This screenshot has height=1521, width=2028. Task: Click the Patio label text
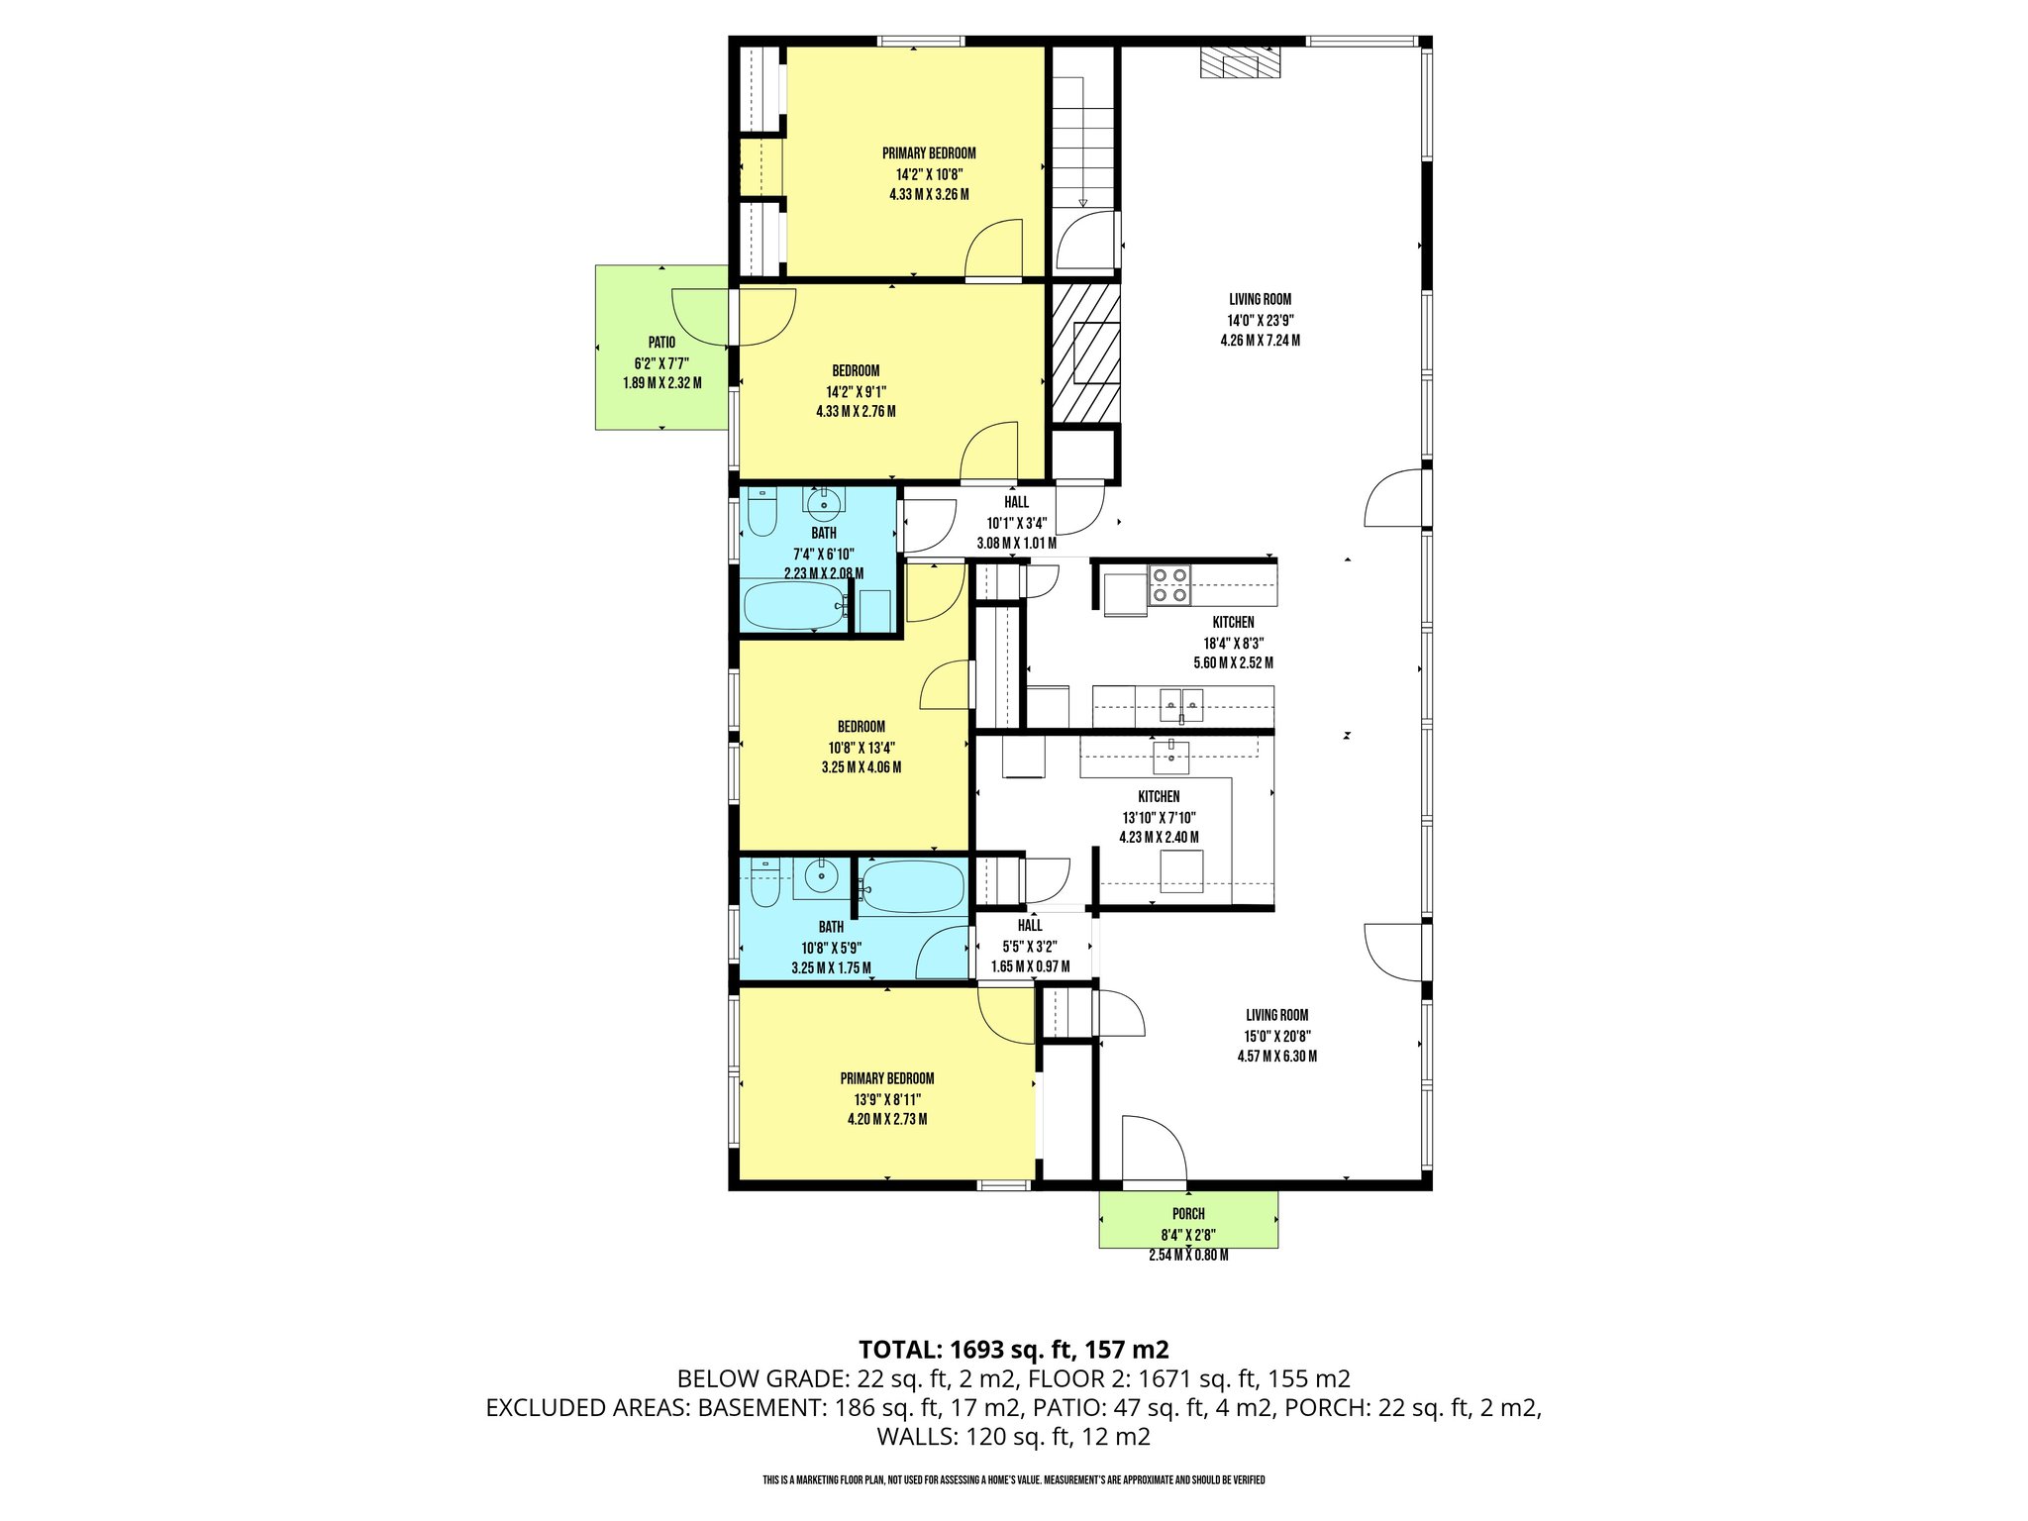tap(661, 343)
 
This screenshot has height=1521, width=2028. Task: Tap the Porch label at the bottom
tap(1188, 1214)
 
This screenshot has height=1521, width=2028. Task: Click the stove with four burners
tap(1168, 585)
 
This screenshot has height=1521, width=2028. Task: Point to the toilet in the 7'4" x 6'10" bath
tap(761, 514)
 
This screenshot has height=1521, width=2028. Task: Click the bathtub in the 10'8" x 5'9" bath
tap(911, 887)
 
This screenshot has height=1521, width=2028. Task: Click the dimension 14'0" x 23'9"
tap(1261, 320)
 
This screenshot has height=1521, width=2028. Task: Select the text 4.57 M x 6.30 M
tap(1276, 1057)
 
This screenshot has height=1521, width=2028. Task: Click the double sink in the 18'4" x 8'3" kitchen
tap(1181, 705)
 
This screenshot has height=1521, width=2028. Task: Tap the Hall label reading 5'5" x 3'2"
tap(1030, 946)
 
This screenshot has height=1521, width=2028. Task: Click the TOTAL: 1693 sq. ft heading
tap(1013, 1349)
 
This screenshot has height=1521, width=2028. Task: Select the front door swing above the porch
tap(1154, 1149)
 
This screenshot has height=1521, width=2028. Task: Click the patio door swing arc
tap(734, 317)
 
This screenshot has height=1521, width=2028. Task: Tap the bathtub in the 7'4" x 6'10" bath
tap(793, 605)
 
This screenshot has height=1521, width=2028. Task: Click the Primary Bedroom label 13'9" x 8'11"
tap(887, 1099)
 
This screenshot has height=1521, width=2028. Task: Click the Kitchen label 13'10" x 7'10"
tap(1159, 817)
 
